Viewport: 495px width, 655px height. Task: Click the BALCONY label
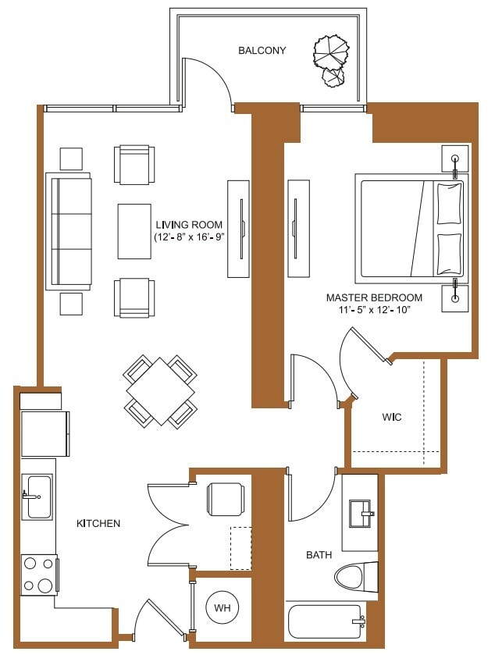tap(262, 51)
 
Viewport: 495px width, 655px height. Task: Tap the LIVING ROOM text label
tap(190, 225)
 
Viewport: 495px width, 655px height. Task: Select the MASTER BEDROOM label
tap(374, 297)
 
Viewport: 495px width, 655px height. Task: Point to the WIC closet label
tap(392, 418)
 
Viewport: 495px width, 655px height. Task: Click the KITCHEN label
tap(98, 523)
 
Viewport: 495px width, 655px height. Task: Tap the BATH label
tap(319, 555)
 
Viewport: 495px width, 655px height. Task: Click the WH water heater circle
tap(222, 607)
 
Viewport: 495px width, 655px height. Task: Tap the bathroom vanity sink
tap(361, 514)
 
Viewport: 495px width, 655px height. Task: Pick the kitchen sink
tap(37, 497)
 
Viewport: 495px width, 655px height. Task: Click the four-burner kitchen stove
tap(38, 575)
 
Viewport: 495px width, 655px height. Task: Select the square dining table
tap(160, 390)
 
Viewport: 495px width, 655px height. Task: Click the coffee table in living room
tap(134, 230)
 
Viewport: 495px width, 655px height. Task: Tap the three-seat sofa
tap(69, 231)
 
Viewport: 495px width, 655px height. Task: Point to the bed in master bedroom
tap(410, 228)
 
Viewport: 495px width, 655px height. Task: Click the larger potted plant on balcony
tap(331, 52)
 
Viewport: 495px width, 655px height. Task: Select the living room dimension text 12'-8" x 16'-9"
tap(190, 238)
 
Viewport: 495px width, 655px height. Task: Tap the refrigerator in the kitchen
tap(45, 433)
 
